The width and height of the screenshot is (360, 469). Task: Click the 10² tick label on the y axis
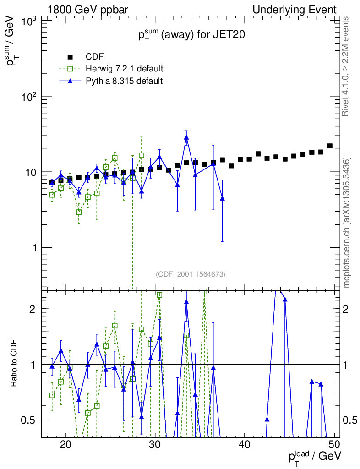tap(30, 97)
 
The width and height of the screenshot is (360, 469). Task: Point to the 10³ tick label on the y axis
tap(30, 21)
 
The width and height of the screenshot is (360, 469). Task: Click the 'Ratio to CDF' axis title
tap(14, 364)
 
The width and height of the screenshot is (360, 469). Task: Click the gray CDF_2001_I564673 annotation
tap(191, 274)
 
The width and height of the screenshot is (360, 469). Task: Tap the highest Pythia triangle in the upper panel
tap(186, 137)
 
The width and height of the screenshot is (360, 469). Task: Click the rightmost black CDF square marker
tap(330, 146)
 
